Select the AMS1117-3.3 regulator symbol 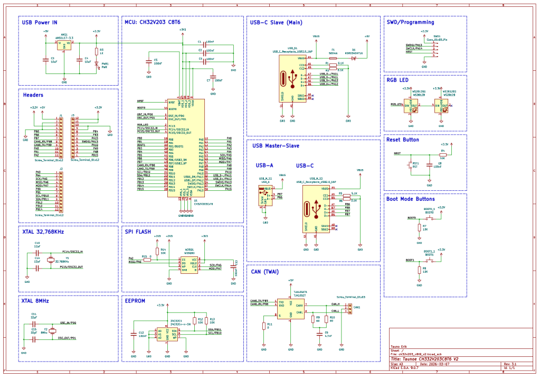coord(65,47)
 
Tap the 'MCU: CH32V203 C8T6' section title coord(153,22)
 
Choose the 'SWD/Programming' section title coord(410,22)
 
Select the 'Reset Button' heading coord(403,140)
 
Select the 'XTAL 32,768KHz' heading coord(43,232)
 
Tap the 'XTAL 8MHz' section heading coord(36,300)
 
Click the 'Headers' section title coord(33,95)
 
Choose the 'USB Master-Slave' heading coord(276,145)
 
